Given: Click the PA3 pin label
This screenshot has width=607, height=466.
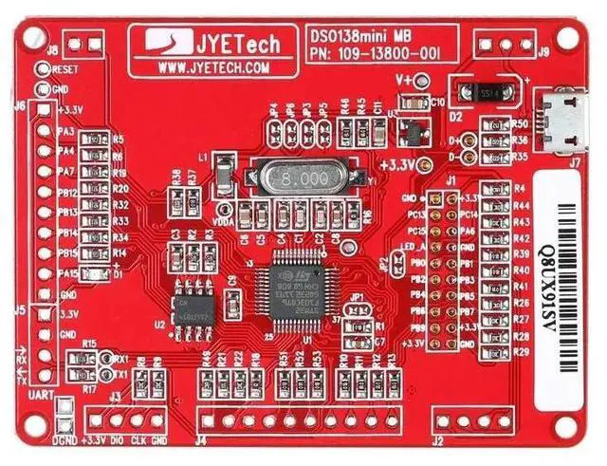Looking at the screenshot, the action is (65, 130).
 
